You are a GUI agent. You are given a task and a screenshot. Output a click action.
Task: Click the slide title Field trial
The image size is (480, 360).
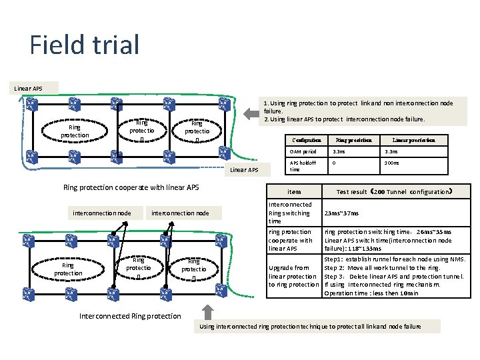click(x=85, y=45)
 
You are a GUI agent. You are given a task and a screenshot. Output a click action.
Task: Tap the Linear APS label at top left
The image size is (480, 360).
click(x=29, y=88)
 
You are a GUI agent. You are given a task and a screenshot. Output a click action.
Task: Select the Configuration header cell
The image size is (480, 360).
click(x=307, y=141)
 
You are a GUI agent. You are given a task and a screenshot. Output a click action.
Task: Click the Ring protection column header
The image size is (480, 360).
click(x=353, y=141)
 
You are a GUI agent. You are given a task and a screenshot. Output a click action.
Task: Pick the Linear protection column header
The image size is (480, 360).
click(x=413, y=141)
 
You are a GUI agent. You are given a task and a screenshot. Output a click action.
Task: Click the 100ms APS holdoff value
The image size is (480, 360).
click(x=392, y=163)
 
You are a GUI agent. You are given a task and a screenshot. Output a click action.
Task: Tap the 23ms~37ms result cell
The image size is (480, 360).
click(x=341, y=213)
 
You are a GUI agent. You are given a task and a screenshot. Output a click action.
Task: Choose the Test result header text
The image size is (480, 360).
click(x=394, y=191)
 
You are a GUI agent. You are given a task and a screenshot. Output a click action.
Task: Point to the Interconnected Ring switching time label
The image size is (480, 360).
click(x=289, y=213)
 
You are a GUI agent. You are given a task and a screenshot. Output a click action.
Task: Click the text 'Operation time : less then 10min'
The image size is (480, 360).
click(x=371, y=293)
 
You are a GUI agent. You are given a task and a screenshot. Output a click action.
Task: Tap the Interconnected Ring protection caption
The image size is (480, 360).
click(x=130, y=315)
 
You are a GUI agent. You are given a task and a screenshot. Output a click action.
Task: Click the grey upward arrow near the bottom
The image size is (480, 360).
click(x=208, y=311)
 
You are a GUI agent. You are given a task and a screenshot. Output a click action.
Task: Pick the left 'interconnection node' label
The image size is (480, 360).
click(x=102, y=213)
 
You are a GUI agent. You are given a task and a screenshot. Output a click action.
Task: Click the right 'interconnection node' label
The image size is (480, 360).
click(x=181, y=213)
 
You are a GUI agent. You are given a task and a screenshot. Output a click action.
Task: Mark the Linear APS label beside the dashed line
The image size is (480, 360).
click(x=244, y=170)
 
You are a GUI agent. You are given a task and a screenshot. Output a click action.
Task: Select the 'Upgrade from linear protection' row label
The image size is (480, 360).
click(x=293, y=276)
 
